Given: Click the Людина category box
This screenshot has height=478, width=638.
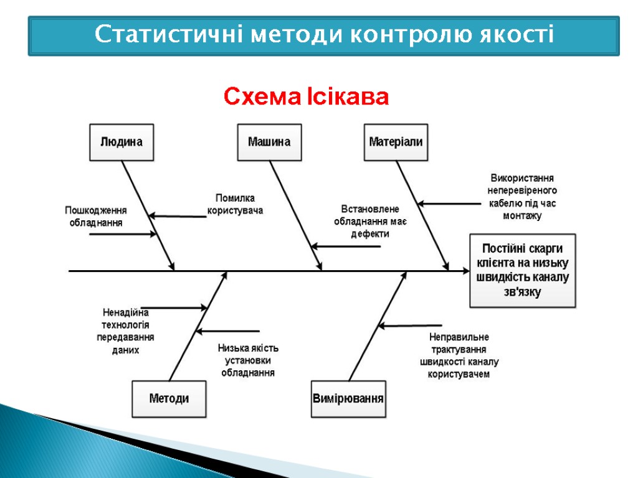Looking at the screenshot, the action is (x=121, y=142).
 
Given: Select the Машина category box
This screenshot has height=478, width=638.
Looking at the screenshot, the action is (x=269, y=142).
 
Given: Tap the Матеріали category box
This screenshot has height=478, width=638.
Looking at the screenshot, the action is (x=396, y=142).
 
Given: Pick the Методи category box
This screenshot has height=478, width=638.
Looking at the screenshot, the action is (x=169, y=398).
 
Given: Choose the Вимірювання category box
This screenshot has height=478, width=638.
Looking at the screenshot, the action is (x=348, y=398).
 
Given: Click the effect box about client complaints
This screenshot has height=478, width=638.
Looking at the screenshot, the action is (x=522, y=270).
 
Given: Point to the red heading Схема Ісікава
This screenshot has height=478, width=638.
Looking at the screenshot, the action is (x=306, y=97).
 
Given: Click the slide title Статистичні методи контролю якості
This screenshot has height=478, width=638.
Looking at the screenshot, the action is (x=324, y=35).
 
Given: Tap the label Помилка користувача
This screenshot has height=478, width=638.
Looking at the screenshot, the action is (x=235, y=204).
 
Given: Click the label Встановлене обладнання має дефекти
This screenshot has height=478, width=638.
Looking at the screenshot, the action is (x=370, y=221).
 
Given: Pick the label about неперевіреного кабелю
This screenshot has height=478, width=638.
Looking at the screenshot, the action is (x=522, y=197).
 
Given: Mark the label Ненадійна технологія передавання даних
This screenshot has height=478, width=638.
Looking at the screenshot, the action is (x=125, y=331).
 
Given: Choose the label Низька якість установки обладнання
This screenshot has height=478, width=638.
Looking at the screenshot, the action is (x=248, y=360).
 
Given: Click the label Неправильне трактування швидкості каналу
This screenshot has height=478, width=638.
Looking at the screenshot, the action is (x=459, y=355).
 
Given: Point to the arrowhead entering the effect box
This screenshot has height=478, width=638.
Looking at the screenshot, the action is (x=464, y=271).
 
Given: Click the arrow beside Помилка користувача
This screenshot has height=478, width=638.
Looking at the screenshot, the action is (x=178, y=217).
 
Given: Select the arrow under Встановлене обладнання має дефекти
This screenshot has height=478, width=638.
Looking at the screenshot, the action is (x=346, y=247).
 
